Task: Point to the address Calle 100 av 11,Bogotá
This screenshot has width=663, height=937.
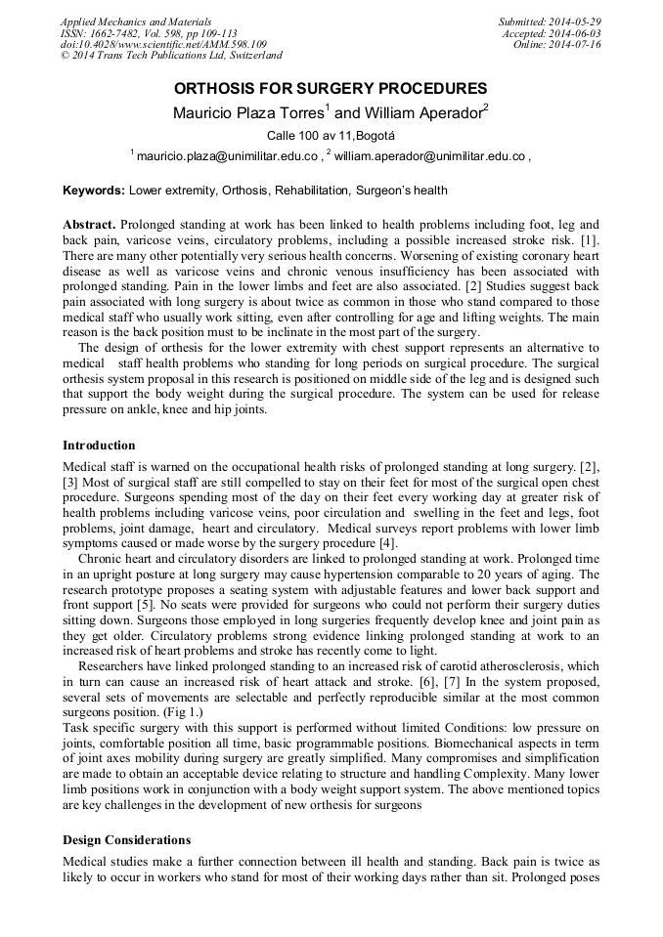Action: pyautogui.click(x=331, y=136)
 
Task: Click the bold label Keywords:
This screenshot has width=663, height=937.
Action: pyautogui.click(x=94, y=191)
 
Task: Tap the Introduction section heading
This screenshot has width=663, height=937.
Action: pyautogui.click(x=99, y=446)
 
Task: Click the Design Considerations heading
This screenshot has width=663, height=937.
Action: pyautogui.click(x=126, y=840)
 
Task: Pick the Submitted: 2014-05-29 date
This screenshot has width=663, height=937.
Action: pyautogui.click(x=551, y=21)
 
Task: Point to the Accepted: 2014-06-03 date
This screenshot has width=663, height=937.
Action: pyautogui.click(x=552, y=33)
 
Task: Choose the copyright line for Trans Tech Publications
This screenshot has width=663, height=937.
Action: pyautogui.click(x=171, y=57)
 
